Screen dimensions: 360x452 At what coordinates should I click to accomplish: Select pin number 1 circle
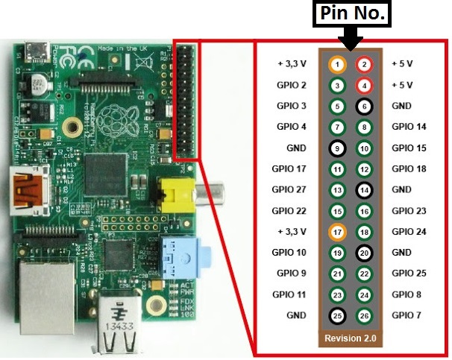coord(337,64)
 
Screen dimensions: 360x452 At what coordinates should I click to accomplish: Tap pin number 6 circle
coord(364,107)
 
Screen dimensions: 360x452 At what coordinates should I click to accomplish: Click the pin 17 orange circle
coord(337,233)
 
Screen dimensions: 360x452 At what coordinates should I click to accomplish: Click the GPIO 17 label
coord(292,169)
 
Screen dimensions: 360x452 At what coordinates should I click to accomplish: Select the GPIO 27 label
coord(292,190)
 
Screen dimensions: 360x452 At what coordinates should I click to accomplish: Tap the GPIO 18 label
coord(409,169)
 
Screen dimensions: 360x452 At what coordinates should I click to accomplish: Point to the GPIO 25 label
coord(409,274)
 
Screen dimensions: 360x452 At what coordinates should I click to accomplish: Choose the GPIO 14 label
coord(409,127)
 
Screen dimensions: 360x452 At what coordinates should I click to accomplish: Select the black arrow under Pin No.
coord(350,37)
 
